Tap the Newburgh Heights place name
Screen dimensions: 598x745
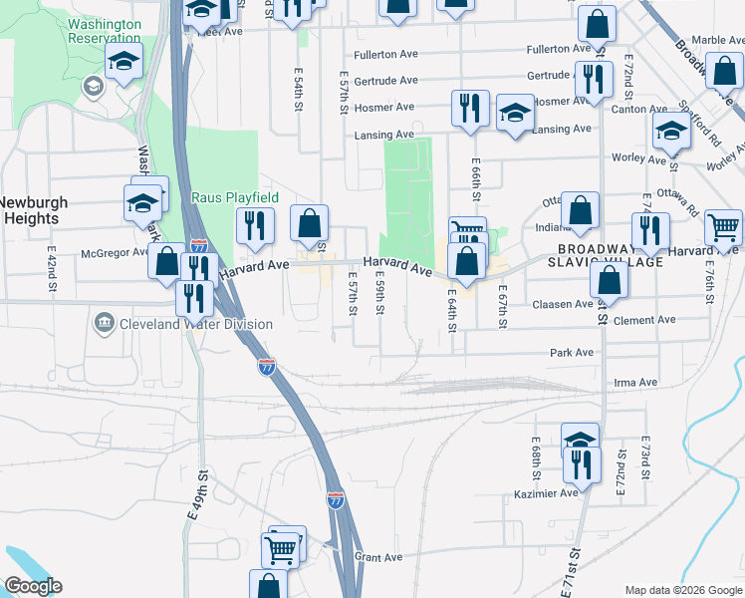coord(30,210)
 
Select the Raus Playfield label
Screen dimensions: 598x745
coord(234,198)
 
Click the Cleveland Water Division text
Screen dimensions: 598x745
coord(196,325)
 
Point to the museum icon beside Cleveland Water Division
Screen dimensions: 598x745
coord(104,324)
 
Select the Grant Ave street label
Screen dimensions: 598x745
coord(377,557)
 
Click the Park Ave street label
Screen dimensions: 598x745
coord(572,353)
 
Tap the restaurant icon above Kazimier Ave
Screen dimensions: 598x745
coord(576,462)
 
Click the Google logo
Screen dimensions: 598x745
coord(33,586)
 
